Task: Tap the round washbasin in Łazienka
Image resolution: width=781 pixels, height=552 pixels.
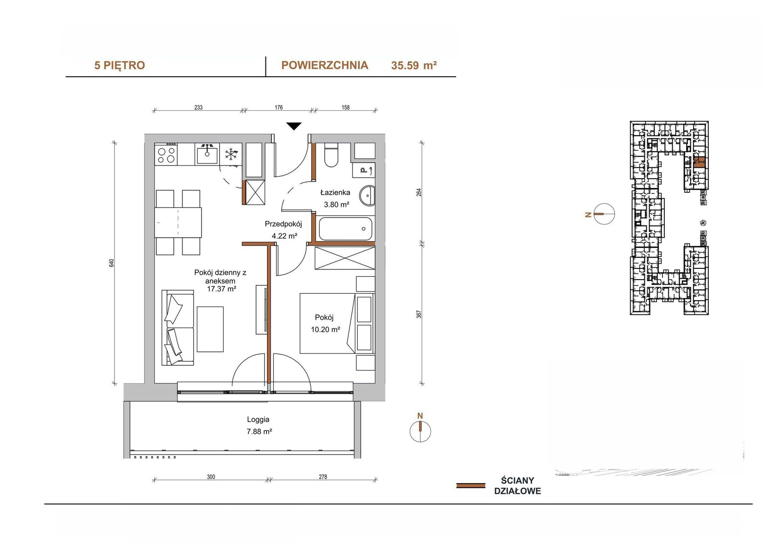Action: coord(368,195)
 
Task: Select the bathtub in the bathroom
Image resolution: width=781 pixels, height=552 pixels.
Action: coord(346,229)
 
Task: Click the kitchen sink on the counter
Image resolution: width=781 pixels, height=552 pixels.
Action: coord(207,154)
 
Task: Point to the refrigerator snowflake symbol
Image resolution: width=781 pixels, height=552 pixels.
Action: coord(231,154)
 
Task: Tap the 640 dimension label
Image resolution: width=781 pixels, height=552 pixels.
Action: coord(112,263)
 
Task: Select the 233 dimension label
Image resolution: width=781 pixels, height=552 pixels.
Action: coord(198,107)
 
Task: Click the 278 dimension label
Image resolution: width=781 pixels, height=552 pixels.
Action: coord(323,477)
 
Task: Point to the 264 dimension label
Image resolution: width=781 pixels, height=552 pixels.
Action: coord(419,192)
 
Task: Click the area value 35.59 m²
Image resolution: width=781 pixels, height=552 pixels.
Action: coord(414,65)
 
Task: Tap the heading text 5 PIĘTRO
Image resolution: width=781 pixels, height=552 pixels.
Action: coord(120,65)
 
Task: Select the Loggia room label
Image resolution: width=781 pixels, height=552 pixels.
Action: coord(258,420)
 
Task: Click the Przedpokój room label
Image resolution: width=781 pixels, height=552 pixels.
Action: coord(283,224)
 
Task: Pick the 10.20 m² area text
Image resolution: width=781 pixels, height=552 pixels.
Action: coord(326,329)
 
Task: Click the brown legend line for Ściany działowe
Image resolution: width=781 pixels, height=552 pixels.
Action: coord(471,486)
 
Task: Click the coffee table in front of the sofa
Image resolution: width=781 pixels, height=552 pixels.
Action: coord(210,329)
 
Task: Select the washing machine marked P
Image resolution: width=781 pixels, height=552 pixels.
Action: coord(364,170)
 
